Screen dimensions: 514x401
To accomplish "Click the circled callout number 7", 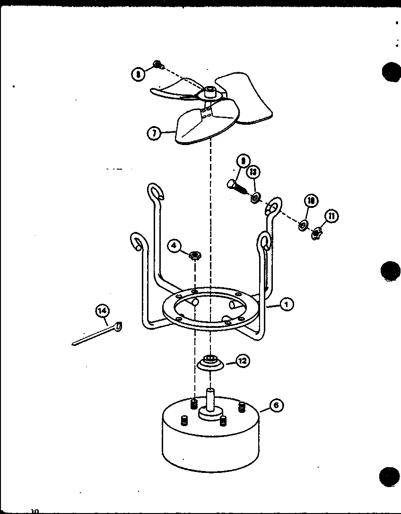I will click(x=153, y=133).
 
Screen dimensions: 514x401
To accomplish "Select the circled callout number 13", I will click(x=253, y=172).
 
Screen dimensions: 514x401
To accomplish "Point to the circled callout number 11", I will click(x=331, y=216).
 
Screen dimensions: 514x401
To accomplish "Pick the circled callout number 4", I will click(x=174, y=245).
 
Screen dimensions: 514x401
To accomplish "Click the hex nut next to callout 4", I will click(x=194, y=256).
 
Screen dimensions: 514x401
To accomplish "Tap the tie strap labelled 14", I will click(x=97, y=334).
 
